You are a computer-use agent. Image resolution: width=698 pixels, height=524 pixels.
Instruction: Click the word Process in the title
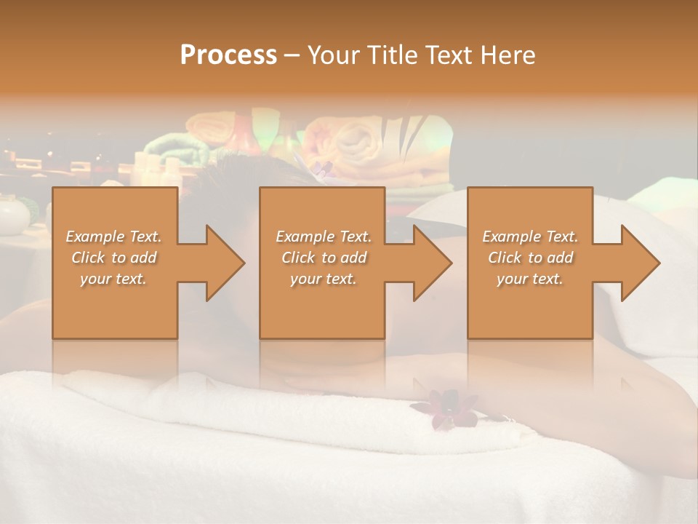[228, 55]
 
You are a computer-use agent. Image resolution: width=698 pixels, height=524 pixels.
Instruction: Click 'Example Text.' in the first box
[113, 237]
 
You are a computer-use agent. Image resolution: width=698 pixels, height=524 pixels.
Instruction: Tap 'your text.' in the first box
[113, 279]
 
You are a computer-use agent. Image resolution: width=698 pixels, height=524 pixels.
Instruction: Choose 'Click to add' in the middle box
[324, 258]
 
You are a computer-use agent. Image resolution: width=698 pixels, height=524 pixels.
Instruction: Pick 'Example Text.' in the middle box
[324, 237]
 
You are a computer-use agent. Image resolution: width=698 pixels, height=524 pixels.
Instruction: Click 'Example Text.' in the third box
[530, 237]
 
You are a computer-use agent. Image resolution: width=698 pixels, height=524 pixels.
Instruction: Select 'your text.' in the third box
[530, 279]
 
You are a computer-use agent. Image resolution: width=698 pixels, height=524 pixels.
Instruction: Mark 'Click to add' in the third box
[530, 258]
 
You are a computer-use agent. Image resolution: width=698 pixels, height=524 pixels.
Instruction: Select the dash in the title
[292, 55]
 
